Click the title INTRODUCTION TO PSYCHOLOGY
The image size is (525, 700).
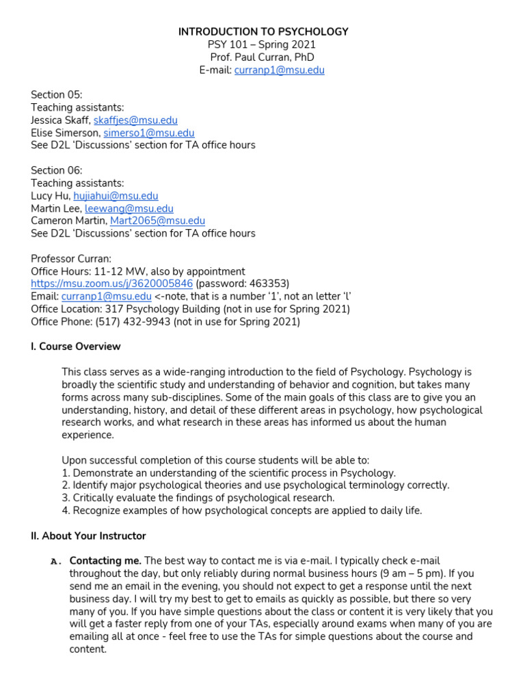(x=263, y=31)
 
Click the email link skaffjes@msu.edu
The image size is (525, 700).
(x=135, y=120)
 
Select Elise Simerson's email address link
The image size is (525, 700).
(x=148, y=133)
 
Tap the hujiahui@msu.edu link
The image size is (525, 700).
(x=116, y=196)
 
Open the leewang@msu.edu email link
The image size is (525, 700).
(x=129, y=208)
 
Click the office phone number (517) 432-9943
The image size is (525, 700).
(x=135, y=321)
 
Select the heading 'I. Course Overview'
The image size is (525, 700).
(x=76, y=347)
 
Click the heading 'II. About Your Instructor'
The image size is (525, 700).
(x=88, y=536)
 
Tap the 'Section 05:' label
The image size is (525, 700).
(x=56, y=95)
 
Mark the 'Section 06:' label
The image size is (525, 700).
(x=56, y=170)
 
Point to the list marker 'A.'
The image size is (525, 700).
(x=57, y=561)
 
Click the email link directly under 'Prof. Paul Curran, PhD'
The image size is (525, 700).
(x=279, y=70)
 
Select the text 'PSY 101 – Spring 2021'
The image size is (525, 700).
(x=263, y=44)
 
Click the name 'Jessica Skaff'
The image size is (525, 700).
(x=59, y=120)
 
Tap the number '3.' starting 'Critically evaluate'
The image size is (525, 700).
(x=66, y=498)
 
